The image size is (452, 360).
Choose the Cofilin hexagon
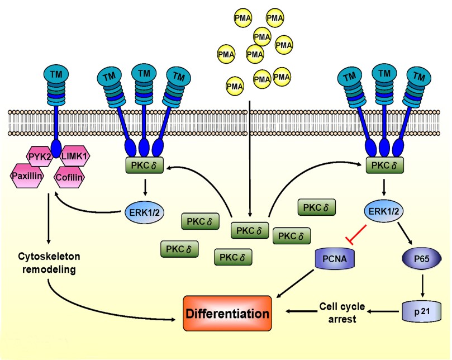69,178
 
